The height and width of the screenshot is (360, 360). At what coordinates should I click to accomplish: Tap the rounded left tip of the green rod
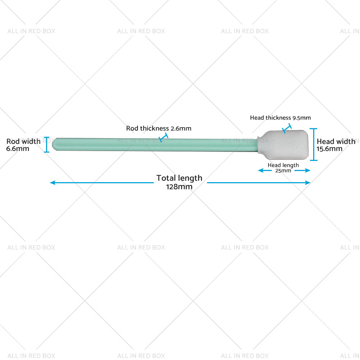(55, 144)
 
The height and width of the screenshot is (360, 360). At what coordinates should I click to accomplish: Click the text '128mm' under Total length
(179, 186)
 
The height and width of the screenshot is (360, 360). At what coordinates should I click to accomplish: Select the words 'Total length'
(179, 178)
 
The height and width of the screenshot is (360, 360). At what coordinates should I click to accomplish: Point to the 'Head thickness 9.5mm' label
(280, 118)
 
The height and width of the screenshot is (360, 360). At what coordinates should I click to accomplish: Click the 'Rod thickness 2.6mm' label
(158, 128)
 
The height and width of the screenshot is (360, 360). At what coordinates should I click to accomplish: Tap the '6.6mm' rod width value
(18, 148)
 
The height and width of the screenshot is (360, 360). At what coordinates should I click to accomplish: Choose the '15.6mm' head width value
(330, 149)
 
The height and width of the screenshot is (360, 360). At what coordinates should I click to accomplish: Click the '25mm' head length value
(283, 171)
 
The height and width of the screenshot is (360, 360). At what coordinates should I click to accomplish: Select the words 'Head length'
(283, 165)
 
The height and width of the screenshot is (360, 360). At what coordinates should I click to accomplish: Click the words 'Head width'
(336, 141)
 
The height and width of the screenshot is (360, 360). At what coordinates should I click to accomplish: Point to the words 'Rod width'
(23, 141)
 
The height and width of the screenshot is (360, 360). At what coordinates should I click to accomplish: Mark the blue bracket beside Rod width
(46, 144)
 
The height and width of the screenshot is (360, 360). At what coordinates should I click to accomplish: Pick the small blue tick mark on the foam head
(287, 129)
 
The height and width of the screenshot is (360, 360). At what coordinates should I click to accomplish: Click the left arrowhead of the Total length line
(52, 183)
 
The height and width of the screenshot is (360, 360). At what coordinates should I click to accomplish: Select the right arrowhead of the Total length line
(308, 183)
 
